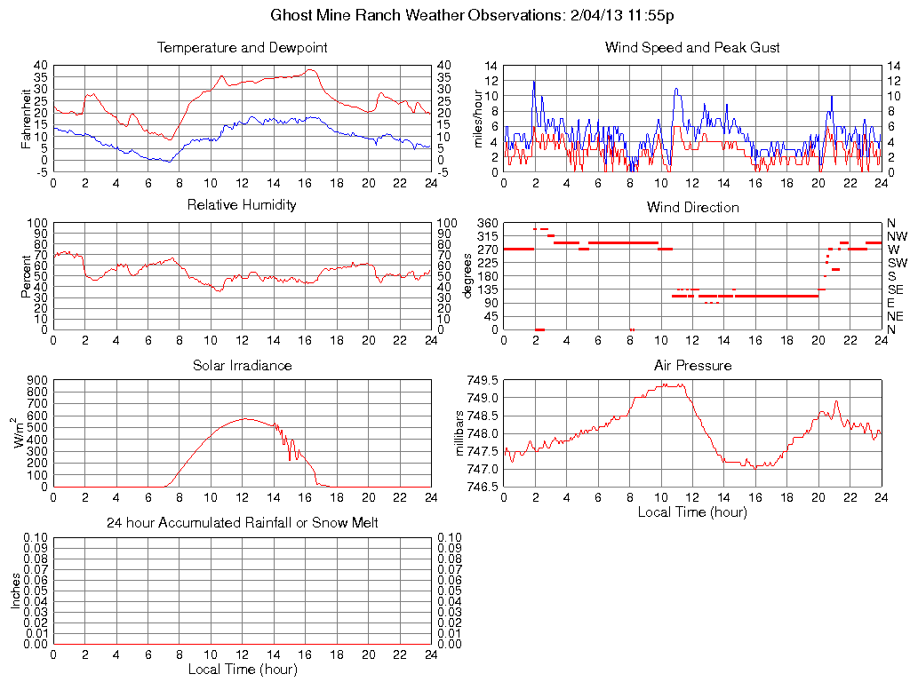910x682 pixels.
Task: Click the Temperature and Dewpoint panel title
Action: pyautogui.click(x=242, y=47)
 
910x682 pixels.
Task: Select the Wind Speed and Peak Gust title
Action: pyautogui.click(x=692, y=47)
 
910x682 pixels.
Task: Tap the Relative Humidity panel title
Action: pyautogui.click(x=242, y=205)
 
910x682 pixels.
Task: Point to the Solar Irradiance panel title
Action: pyautogui.click(x=242, y=365)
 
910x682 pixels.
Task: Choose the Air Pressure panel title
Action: pyautogui.click(x=692, y=365)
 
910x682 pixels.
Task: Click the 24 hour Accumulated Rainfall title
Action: pyautogui.click(x=242, y=523)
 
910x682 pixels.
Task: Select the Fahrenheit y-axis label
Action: pyautogui.click(x=27, y=118)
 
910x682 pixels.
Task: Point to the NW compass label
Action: pyautogui.click(x=896, y=236)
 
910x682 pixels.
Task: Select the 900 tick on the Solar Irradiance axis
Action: pyautogui.click(x=37, y=380)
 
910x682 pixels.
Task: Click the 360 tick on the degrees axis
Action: pyautogui.click(x=487, y=223)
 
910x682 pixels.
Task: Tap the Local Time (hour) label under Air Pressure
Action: pyautogui.click(x=692, y=512)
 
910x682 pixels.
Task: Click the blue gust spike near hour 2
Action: pyautogui.click(x=534, y=82)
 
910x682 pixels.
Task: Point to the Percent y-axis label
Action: pyautogui.click(x=27, y=276)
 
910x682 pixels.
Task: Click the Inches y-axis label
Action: pyautogui.click(x=15, y=591)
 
